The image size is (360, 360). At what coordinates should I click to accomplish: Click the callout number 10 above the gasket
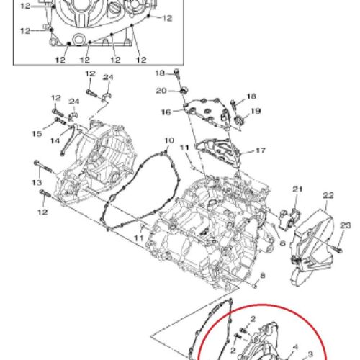[169, 140]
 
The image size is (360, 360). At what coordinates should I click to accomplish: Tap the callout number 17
[261, 150]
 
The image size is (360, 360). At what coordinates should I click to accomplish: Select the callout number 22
[328, 195]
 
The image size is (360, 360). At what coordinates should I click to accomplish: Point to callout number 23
[345, 225]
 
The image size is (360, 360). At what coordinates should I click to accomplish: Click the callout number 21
[297, 189]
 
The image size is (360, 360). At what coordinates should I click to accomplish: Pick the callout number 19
[256, 111]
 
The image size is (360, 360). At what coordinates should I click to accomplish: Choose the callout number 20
[161, 91]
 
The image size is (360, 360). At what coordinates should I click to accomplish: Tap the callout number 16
[166, 112]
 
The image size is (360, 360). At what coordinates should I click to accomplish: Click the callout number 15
[37, 134]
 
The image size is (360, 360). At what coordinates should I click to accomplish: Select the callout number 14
[55, 140]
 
